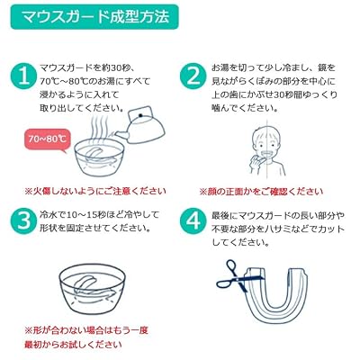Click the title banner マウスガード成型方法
[94, 16]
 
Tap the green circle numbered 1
[24, 76]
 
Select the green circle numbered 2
[193, 76]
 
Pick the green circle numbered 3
[24, 221]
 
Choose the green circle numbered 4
[193, 221]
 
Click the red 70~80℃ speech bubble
[47, 140]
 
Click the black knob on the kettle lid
[140, 115]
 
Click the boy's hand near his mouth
[254, 158]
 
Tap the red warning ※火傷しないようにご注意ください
[95, 191]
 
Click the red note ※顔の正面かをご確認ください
[261, 191]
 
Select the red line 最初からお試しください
[74, 345]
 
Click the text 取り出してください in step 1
[82, 108]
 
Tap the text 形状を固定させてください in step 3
[95, 228]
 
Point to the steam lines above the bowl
[99, 128]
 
